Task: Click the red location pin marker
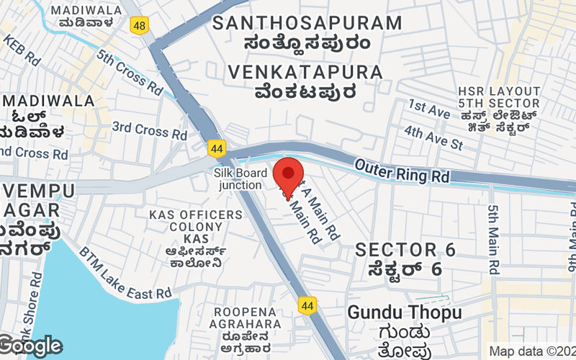[x=289, y=176]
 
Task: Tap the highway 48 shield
[x=140, y=25]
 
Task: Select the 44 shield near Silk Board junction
[x=216, y=148]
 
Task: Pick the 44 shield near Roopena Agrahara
[x=307, y=305]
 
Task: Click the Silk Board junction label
[x=240, y=179]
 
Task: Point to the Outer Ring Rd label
[x=402, y=171]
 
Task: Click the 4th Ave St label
[x=433, y=137]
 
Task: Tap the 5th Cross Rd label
[x=130, y=73]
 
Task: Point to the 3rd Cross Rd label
[x=150, y=130]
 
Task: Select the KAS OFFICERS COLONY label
[x=196, y=226]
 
